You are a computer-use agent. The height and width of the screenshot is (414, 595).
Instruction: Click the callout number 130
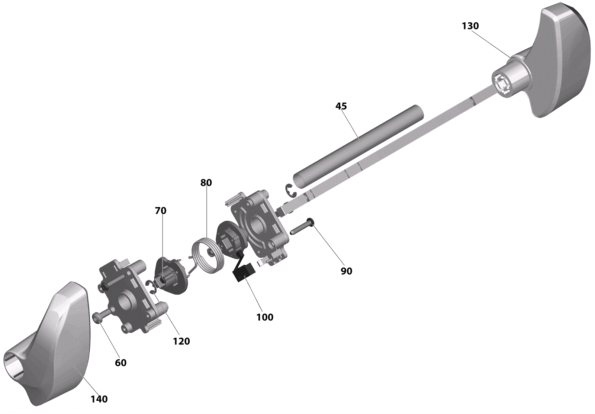tap(470, 26)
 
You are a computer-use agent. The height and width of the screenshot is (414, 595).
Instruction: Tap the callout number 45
tap(341, 106)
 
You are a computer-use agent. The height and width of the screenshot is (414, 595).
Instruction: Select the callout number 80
tap(206, 182)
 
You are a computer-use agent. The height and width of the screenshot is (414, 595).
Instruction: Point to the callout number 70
tap(161, 210)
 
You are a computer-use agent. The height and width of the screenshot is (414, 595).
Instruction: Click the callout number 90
tap(346, 271)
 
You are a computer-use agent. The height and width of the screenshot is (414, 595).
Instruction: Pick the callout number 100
tap(265, 317)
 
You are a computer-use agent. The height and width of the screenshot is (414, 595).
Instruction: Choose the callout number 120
tap(181, 341)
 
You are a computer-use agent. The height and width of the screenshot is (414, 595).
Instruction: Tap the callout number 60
tap(120, 363)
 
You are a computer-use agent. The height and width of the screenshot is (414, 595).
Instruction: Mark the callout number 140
tap(99, 399)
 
